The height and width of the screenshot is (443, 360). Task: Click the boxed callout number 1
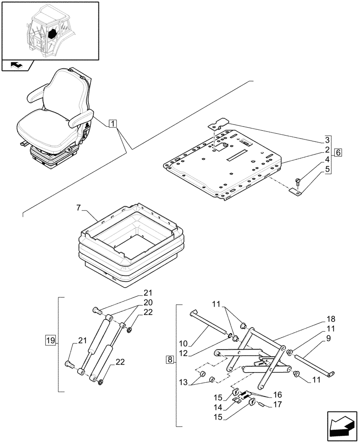pyautogui.click(x=113, y=124)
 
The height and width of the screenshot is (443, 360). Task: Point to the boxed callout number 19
pyautogui.click(x=50, y=340)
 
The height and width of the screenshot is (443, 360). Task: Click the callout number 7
pyautogui.click(x=79, y=208)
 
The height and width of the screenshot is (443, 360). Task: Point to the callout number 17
pyautogui.click(x=278, y=404)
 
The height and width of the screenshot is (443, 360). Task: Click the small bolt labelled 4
pyautogui.click(x=297, y=180)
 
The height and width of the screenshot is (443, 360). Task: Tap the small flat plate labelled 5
pyautogui.click(x=296, y=191)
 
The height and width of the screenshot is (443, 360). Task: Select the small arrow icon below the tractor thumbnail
pyautogui.click(x=16, y=65)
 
